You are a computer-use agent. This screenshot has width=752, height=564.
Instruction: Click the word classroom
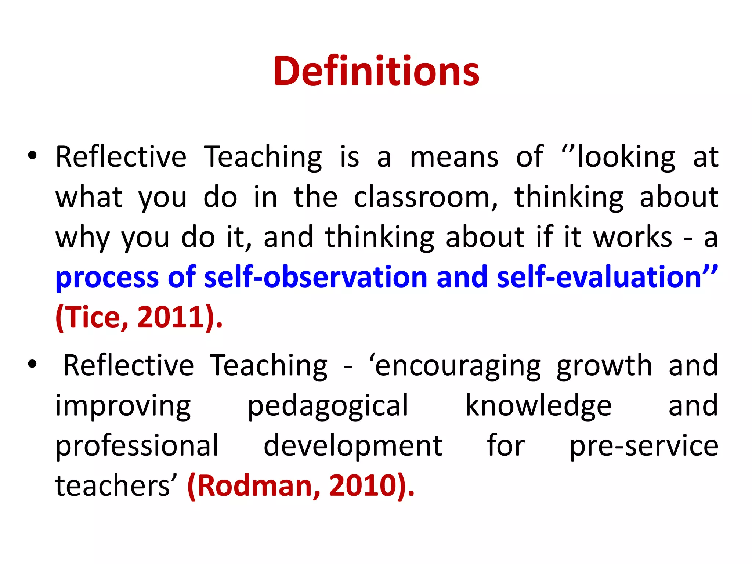pos(425,197)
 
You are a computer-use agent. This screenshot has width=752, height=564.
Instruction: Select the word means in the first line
pos(454,157)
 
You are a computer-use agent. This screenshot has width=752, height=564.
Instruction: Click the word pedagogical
pos(328,406)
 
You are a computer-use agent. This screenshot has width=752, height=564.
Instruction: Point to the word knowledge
pos(538,406)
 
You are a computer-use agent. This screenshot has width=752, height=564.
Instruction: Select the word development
pos(353,446)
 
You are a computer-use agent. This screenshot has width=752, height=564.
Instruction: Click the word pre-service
pos(644,446)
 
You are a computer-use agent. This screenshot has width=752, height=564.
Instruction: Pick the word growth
pos(604,366)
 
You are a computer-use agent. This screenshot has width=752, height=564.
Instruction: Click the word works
pos(633,237)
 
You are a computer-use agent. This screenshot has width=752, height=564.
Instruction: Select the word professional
pos(137,446)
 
